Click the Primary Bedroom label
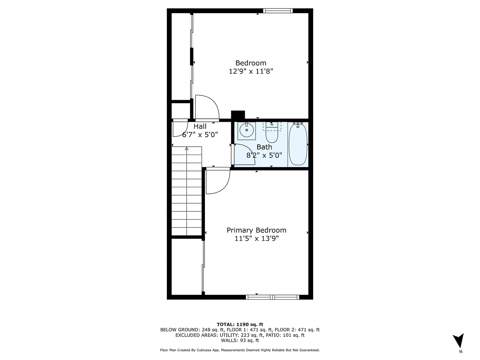(256, 230)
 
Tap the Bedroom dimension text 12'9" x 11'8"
(251, 71)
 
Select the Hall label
(200, 126)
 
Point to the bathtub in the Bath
(298, 144)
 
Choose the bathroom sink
(247, 130)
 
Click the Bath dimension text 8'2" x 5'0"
(264, 155)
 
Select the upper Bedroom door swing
(206, 108)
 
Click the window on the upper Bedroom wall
(278, 11)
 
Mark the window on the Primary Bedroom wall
(272, 297)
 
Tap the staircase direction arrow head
(186, 148)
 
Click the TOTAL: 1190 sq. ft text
(240, 324)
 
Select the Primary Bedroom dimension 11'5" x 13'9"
(256, 238)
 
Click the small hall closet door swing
(179, 128)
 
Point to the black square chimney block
(238, 115)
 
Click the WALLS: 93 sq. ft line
(240, 340)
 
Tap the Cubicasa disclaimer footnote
(240, 350)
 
